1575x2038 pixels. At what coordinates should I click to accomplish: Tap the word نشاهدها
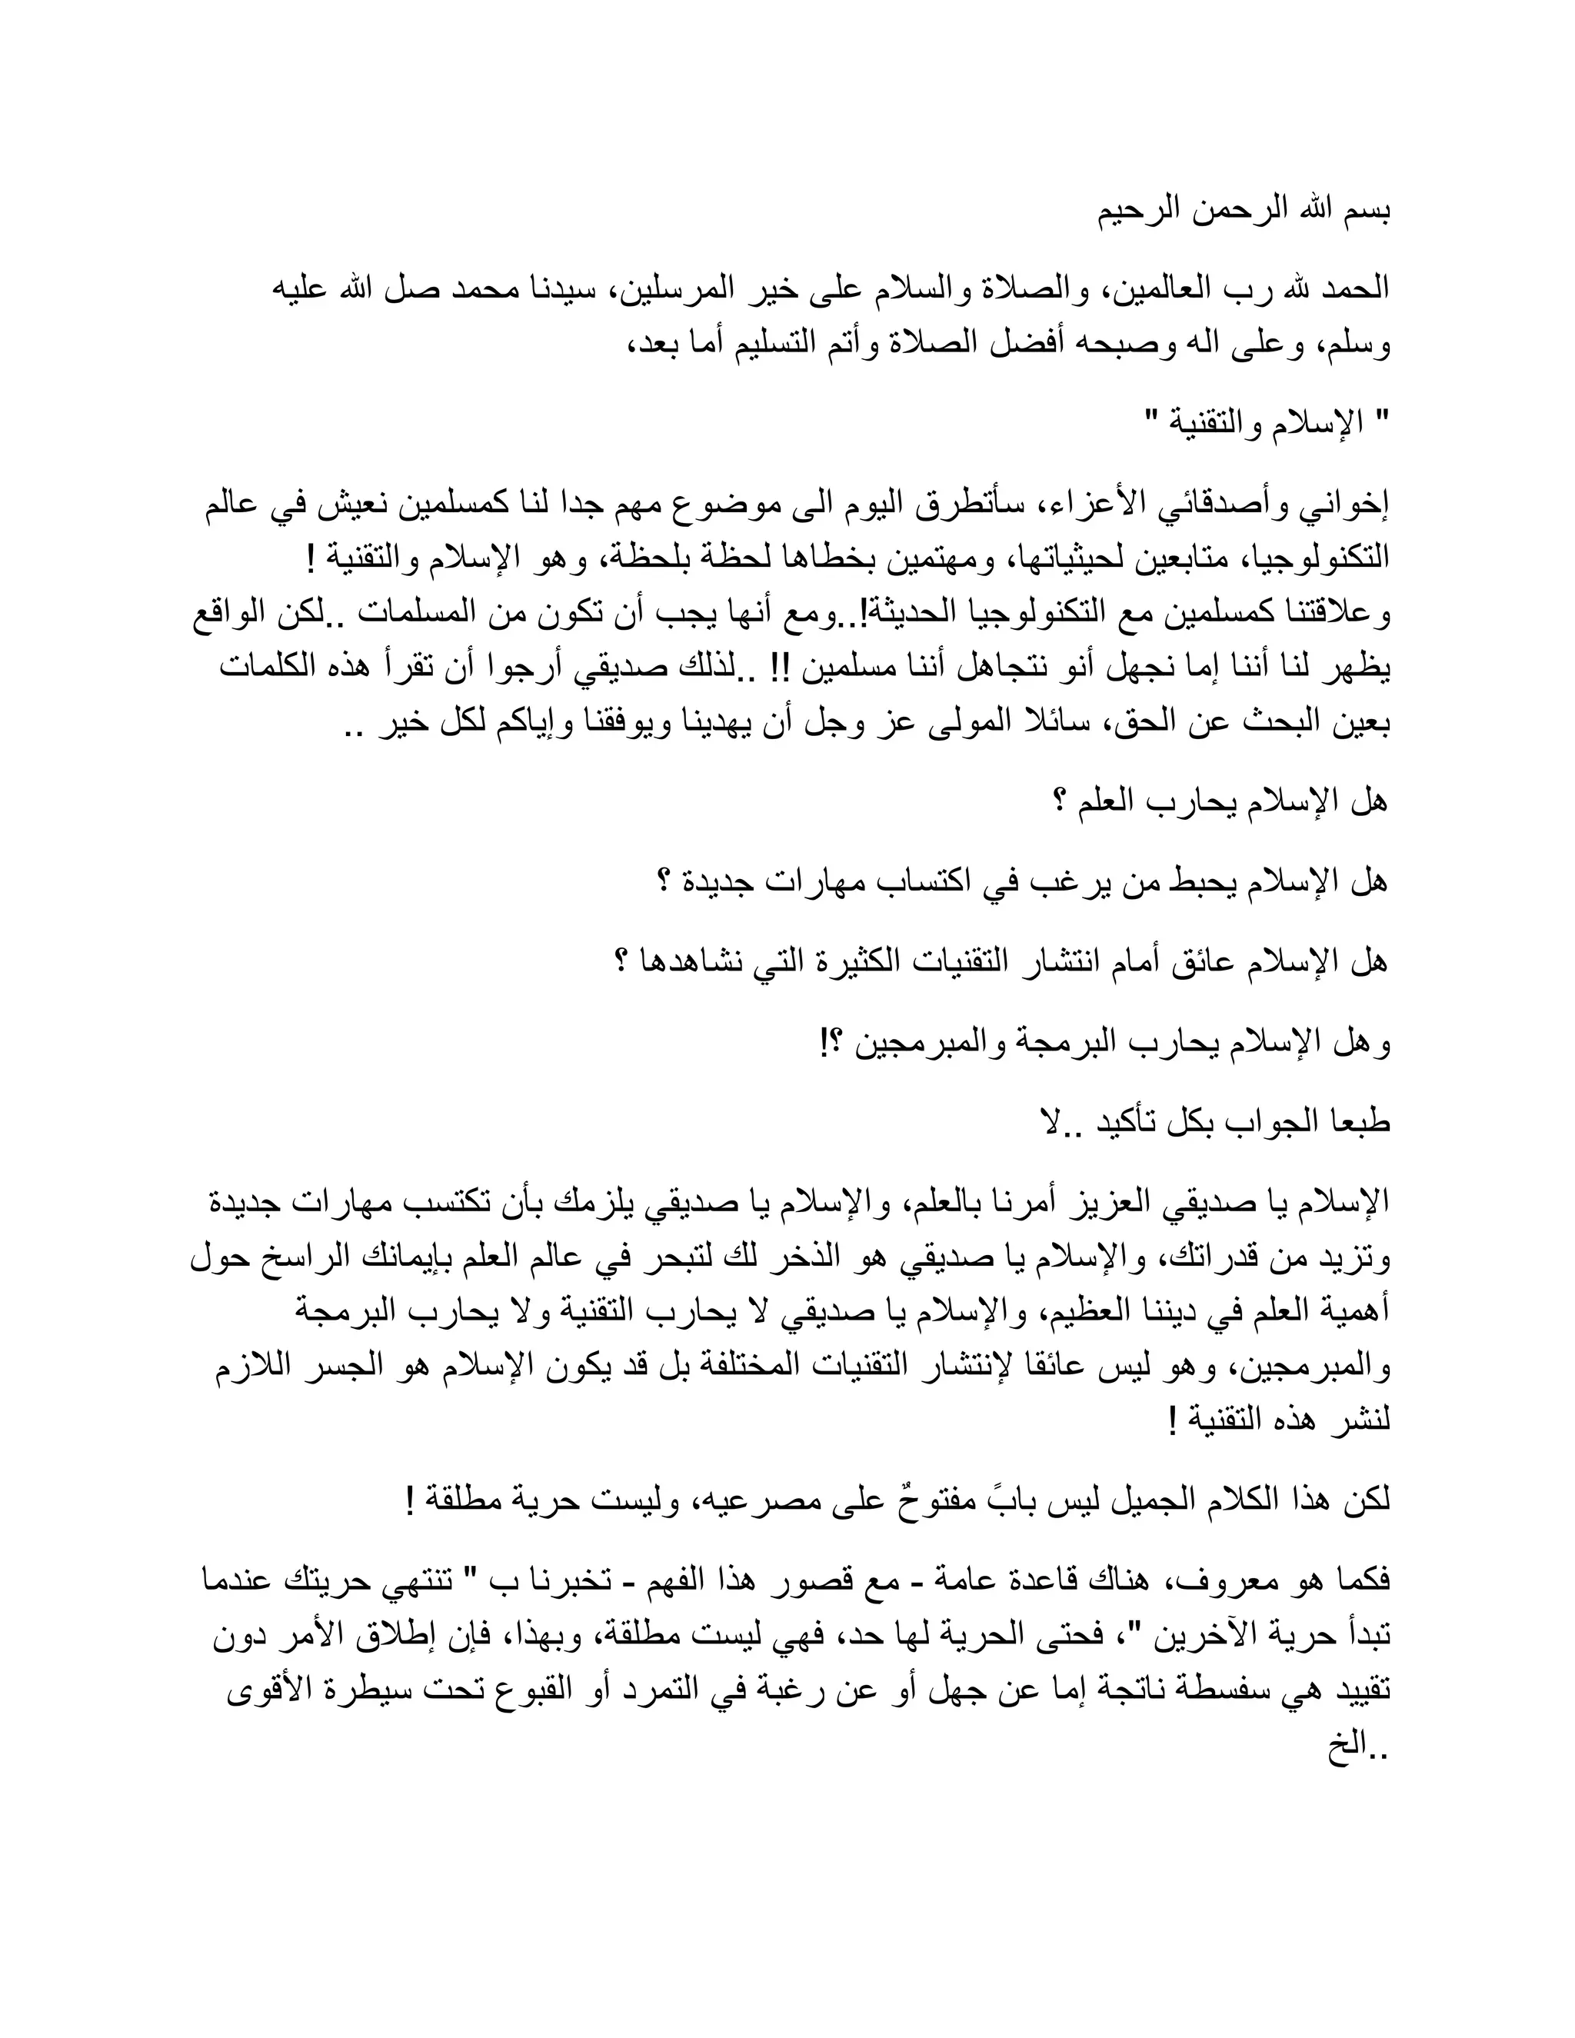pos(681,962)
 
